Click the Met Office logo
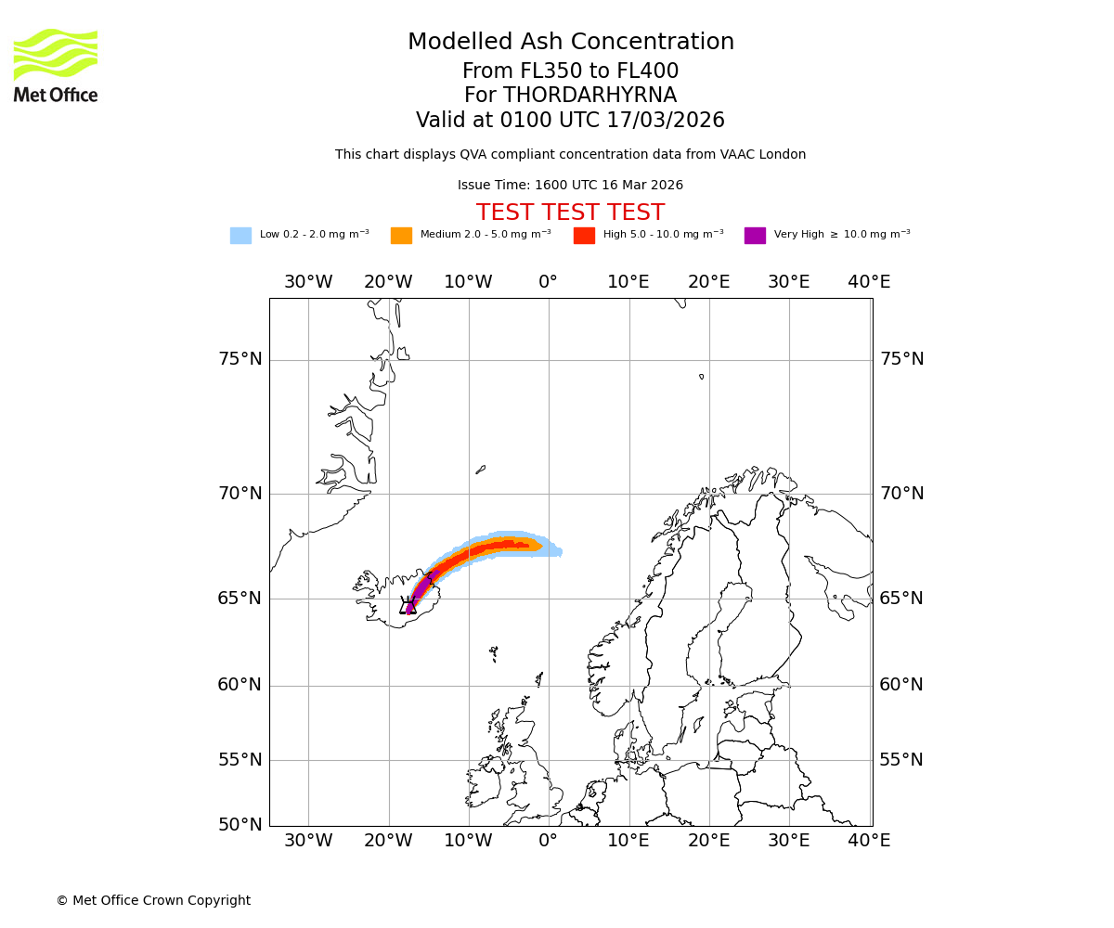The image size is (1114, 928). coord(56,65)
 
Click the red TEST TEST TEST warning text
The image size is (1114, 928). coord(570,213)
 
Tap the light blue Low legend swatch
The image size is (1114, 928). coord(240,236)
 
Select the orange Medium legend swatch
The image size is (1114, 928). coord(401,236)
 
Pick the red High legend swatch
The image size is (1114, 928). coord(584,236)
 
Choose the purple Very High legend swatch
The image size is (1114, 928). coord(755,236)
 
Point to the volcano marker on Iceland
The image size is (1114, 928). coord(408,606)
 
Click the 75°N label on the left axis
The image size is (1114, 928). coord(240,359)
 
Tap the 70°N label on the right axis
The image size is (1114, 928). coord(901,494)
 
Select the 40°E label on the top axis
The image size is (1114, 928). coord(869,282)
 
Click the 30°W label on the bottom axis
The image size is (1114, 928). coord(308,841)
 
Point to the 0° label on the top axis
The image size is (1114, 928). coord(549,282)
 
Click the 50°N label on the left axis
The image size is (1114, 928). coord(240,825)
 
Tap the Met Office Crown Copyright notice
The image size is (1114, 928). coord(153,900)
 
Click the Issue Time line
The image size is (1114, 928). coord(570,186)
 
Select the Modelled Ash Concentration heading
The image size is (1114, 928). coord(570,42)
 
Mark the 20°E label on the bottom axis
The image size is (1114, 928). coord(709,841)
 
